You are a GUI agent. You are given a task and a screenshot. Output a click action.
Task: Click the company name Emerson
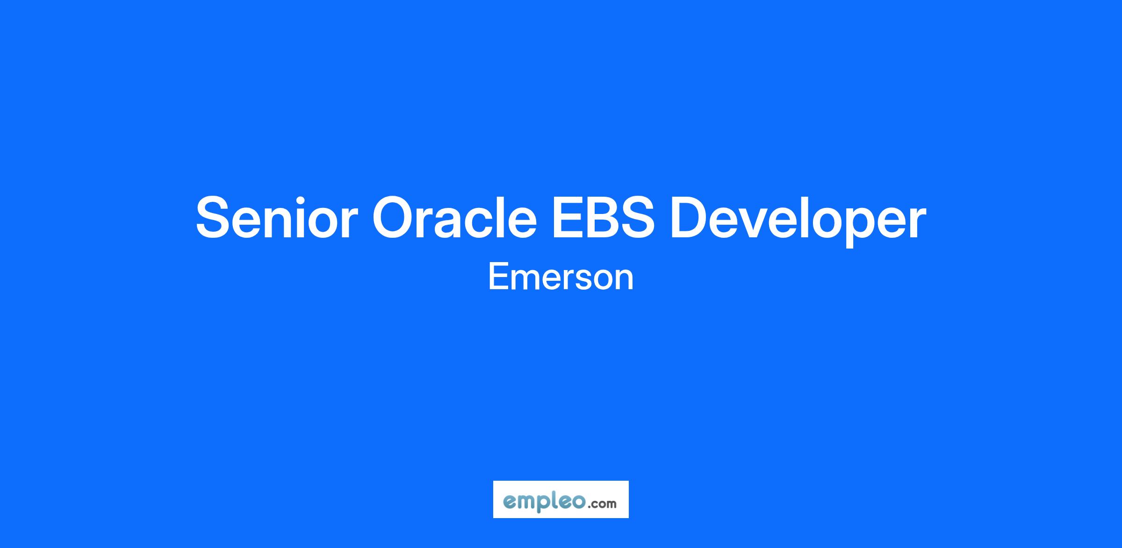[x=561, y=277]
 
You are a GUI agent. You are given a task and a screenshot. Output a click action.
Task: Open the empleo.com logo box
[x=561, y=499]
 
